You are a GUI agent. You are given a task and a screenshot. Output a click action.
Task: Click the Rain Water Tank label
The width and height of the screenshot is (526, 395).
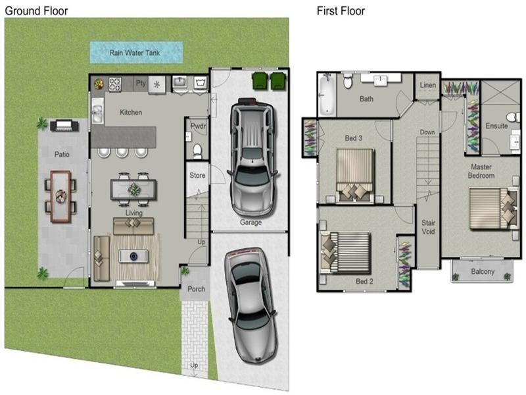[x=136, y=52]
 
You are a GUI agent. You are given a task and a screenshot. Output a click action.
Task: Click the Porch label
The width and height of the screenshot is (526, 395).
[x=196, y=289]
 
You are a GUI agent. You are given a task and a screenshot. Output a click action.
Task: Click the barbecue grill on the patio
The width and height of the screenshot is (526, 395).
[x=64, y=124]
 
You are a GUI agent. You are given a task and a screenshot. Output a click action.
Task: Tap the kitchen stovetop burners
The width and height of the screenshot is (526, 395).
[x=116, y=84]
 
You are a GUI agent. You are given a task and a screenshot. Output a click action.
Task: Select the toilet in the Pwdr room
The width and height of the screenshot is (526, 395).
[x=197, y=150]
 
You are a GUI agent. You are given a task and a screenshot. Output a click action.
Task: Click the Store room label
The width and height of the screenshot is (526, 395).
[x=197, y=176]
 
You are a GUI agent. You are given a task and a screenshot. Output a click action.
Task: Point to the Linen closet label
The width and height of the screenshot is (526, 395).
[x=427, y=86]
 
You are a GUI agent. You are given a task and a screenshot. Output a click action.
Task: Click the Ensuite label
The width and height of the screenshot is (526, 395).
[x=496, y=126]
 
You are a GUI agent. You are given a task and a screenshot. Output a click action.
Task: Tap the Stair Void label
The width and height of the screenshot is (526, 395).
[x=428, y=227]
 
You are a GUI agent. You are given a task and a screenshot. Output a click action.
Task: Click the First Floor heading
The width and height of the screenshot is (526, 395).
[x=341, y=11]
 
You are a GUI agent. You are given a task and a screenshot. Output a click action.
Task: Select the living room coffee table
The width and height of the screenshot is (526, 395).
[x=134, y=256]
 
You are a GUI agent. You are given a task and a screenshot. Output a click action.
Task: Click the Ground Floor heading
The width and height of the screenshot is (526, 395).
[x=36, y=11]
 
